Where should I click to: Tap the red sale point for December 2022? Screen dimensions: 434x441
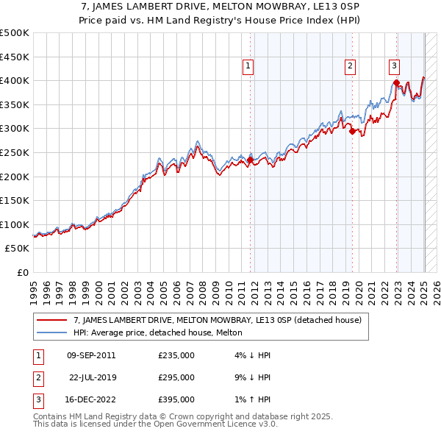396,82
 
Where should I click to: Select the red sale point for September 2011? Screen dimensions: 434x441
250,160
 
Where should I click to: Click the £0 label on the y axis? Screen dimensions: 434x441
23,272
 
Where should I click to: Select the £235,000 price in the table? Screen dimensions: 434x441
176,355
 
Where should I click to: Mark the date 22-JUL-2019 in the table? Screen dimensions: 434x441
93,377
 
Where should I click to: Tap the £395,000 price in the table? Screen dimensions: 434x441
176,399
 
